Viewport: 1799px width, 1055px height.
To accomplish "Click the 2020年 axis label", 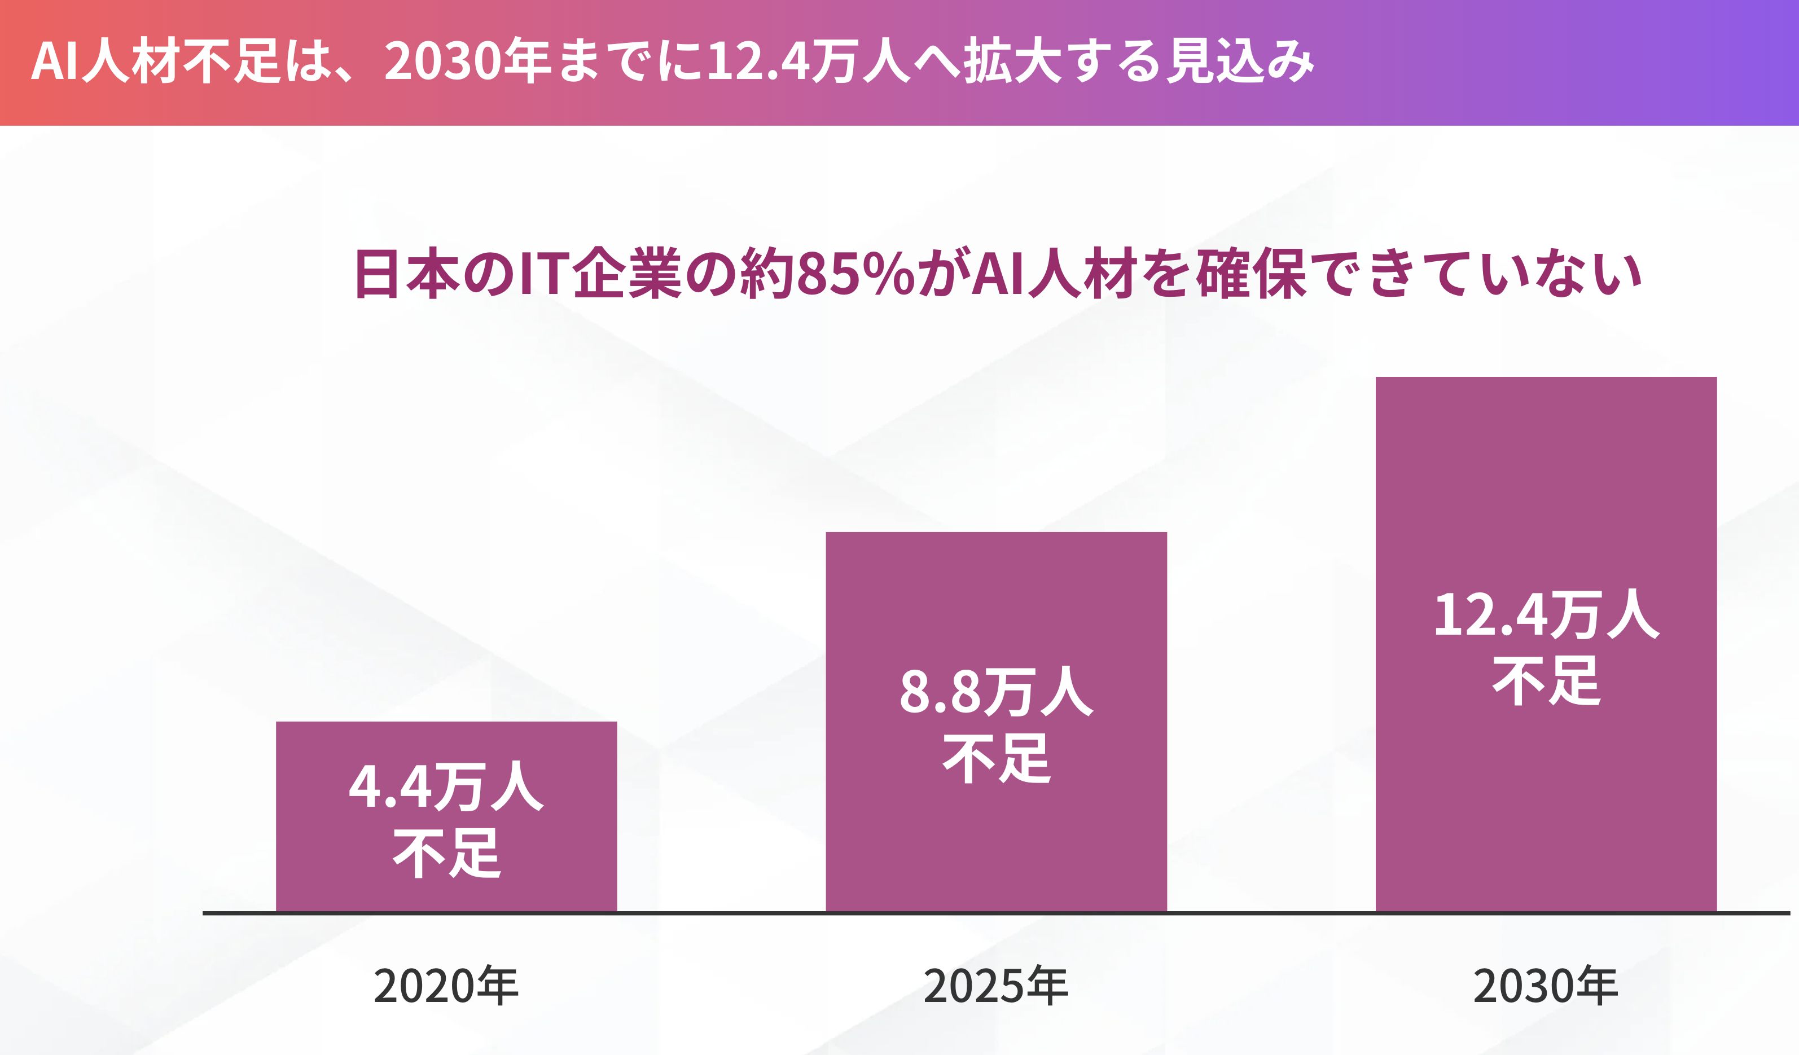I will [x=446, y=986].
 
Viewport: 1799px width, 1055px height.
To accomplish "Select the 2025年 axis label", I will [x=996, y=986].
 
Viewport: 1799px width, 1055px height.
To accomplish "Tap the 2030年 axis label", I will [x=1546, y=986].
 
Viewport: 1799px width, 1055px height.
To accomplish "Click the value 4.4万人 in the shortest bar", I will [x=446, y=786].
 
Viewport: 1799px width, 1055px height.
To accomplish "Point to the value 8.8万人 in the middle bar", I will [x=996, y=692].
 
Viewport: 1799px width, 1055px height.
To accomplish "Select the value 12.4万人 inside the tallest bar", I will [x=1546, y=614].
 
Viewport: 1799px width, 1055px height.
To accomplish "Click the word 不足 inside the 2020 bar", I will [x=446, y=854].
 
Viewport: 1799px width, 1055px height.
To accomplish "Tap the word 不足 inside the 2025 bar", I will [x=996, y=759].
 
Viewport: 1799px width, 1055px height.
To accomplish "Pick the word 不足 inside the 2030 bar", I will [x=1546, y=682].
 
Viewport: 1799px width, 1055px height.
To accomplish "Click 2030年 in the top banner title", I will [x=468, y=61].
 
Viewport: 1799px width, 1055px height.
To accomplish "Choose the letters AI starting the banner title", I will [x=54, y=61].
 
